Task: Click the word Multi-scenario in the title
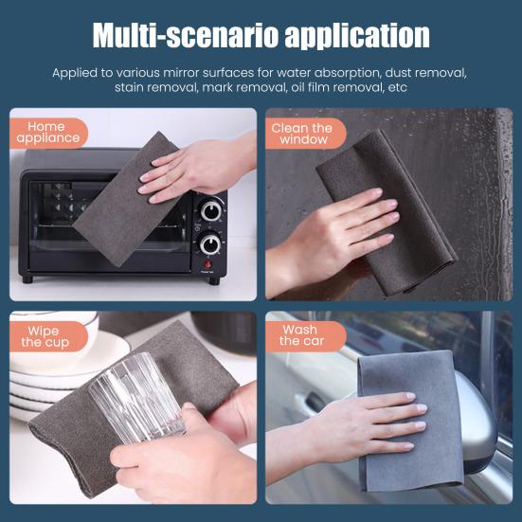(186, 35)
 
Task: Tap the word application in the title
(357, 36)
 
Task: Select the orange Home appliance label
(48, 133)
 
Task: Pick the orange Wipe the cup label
(48, 336)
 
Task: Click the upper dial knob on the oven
(211, 210)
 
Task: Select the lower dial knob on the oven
(210, 244)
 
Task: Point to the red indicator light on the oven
(207, 264)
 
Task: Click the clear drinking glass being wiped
(136, 398)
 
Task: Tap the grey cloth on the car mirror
(410, 421)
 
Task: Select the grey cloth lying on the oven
(128, 200)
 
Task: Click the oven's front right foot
(214, 281)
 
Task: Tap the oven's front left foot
(27, 279)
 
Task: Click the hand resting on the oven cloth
(196, 167)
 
